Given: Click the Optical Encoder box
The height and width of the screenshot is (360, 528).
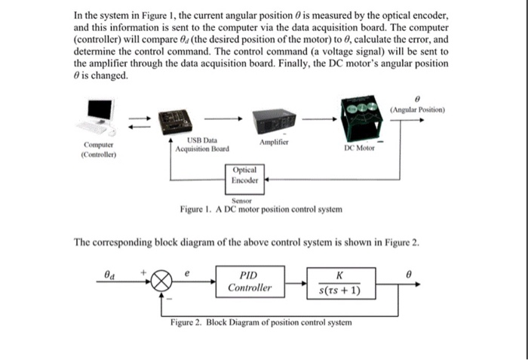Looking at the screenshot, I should click(246, 175).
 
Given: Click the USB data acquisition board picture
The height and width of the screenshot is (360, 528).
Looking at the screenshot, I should click(174, 119).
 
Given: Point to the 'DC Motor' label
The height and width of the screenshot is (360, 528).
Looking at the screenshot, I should click(360, 149).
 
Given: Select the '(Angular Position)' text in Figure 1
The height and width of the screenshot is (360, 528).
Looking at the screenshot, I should click(418, 109).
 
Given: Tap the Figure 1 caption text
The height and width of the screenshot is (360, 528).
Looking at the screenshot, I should click(261, 209).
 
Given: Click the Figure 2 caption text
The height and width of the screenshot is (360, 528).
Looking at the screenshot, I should click(261, 322).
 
